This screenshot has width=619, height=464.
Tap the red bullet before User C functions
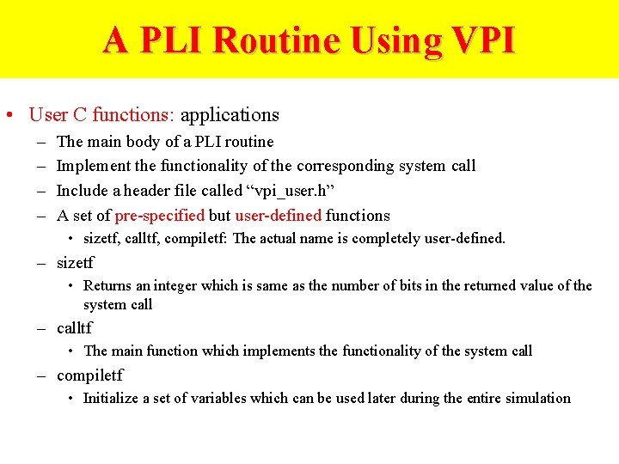pyautogui.click(x=8, y=115)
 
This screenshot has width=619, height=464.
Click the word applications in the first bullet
pyautogui.click(x=230, y=114)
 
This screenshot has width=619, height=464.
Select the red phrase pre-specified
pyautogui.click(x=159, y=216)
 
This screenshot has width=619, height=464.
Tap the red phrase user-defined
pyautogui.click(x=277, y=216)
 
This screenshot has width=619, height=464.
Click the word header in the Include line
pyautogui.click(x=161, y=191)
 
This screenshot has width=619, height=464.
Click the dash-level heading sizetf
pyautogui.click(x=75, y=263)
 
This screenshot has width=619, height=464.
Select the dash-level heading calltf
pyautogui.click(x=74, y=328)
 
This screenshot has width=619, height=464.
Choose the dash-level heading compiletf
pyautogui.click(x=89, y=375)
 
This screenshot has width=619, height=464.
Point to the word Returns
pyautogui.click(x=108, y=286)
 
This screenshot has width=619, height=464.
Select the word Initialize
pyautogui.click(x=112, y=398)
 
